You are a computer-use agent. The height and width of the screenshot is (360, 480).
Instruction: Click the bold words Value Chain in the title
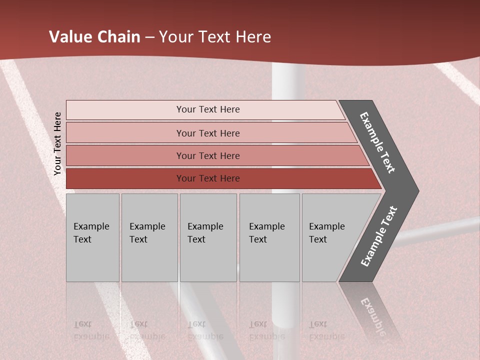[x=94, y=37]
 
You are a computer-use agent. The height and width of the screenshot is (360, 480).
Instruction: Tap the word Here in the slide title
[x=253, y=37]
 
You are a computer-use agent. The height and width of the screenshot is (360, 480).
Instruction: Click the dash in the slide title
[x=149, y=37]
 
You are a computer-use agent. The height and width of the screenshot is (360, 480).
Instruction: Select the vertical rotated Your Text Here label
[x=58, y=143]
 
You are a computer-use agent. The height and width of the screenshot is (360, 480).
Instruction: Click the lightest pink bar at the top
[x=205, y=109]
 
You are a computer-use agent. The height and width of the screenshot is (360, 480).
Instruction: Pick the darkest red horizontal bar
[x=220, y=178]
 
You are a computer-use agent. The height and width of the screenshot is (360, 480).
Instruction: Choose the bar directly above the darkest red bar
[x=215, y=155]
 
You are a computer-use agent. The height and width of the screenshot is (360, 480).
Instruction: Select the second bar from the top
[x=210, y=133]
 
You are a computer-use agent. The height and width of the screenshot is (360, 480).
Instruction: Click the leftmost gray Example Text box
[x=92, y=237]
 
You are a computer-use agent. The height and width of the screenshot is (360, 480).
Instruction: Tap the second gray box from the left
[x=149, y=237]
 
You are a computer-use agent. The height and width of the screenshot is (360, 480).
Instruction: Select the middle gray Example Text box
[x=208, y=237]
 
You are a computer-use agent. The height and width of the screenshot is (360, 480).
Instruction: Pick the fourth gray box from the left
[x=269, y=237]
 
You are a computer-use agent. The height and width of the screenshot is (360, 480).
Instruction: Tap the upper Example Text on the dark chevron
[x=377, y=142]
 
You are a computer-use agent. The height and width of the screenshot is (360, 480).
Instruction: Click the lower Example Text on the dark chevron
[x=379, y=236]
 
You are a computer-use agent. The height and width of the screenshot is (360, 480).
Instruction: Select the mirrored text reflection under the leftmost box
[x=91, y=330]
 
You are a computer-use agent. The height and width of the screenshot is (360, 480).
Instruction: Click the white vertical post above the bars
[x=288, y=82]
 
